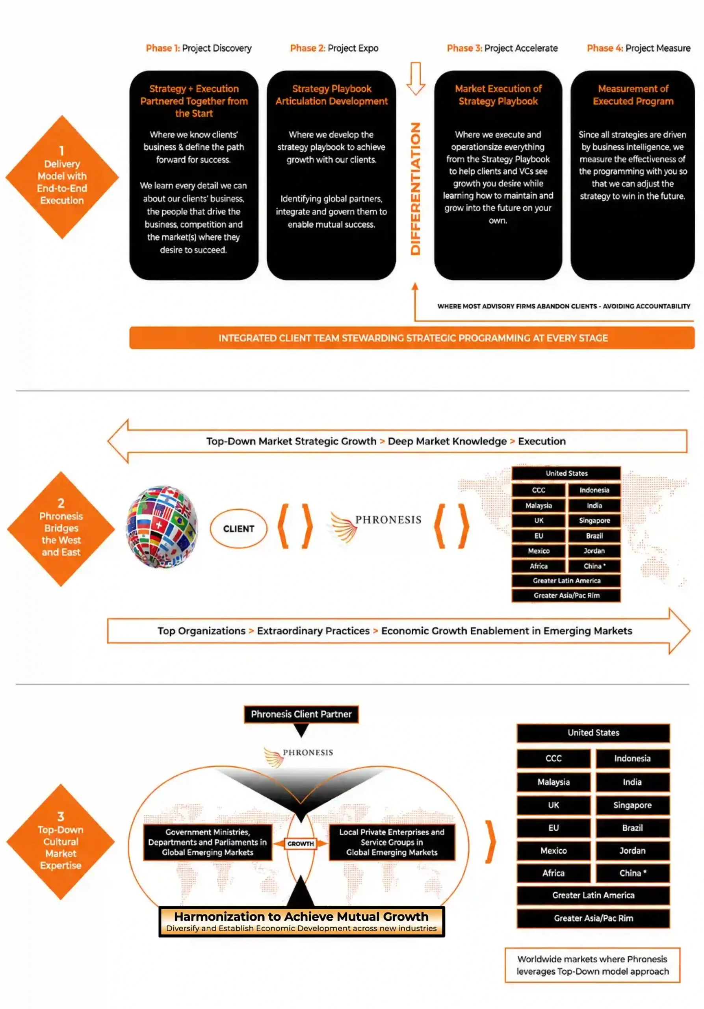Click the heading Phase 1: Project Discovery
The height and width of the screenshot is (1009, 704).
point(199,48)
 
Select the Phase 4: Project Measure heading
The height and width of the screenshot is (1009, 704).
point(639,48)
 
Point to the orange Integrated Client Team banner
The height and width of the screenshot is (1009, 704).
point(412,337)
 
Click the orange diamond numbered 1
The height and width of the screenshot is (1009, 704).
point(62,177)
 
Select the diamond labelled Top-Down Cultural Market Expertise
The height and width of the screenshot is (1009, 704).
point(61,841)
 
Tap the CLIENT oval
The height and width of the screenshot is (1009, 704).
point(238,528)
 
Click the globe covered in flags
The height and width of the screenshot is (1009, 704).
point(162,527)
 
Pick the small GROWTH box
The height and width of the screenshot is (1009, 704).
point(301,843)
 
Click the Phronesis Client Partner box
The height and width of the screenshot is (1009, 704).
point(301,714)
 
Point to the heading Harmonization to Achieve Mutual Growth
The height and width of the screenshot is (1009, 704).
point(301,916)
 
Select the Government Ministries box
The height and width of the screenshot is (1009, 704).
point(207,842)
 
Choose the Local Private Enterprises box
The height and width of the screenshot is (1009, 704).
point(392,842)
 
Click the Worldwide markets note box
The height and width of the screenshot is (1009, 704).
point(593,965)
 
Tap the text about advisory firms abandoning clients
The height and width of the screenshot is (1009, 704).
point(564,306)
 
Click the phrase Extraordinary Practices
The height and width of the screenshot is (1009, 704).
point(313,631)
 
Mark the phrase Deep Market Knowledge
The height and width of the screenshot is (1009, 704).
point(447,441)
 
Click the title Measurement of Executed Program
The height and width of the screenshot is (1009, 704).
point(633,95)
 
